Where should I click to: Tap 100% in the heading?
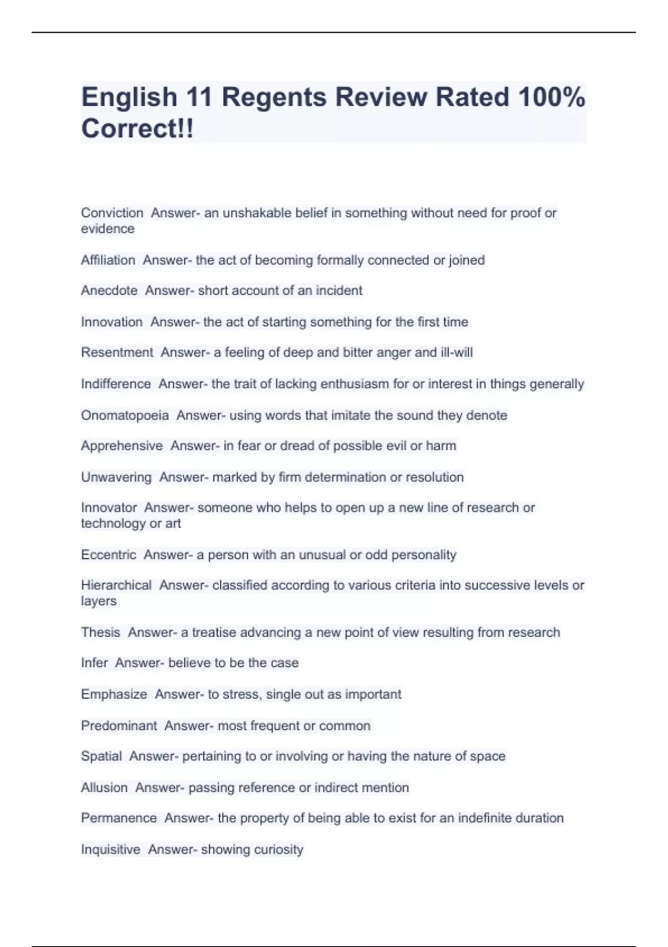coord(552,97)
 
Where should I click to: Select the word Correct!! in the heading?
coord(137,129)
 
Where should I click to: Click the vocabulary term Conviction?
coord(112,213)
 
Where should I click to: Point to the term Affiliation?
coord(108,260)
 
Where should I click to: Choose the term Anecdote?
coord(109,291)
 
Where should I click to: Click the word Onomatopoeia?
coord(125,416)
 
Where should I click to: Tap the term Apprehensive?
coord(122,446)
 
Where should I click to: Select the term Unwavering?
coord(116,477)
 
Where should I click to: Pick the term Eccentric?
coord(109,555)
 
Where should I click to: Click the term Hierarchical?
coord(116,585)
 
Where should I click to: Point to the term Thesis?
coord(101,633)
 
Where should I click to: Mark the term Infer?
coord(94,663)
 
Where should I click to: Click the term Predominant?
coord(119,726)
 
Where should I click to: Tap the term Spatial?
coord(101,756)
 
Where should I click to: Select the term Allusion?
coord(104,788)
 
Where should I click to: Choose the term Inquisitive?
coord(111,850)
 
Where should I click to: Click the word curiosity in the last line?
coord(278,850)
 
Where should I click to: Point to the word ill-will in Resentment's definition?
coord(456,353)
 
